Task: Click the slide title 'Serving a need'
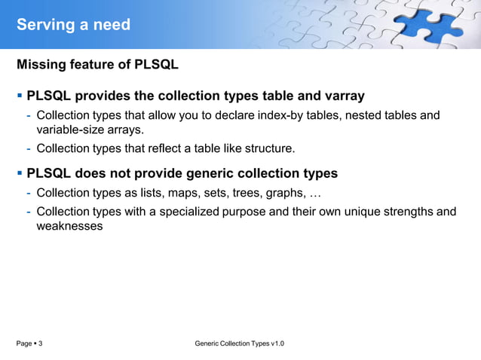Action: point(73,25)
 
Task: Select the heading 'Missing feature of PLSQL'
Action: point(97,65)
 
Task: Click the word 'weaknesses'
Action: point(69,225)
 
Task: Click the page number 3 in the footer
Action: point(40,343)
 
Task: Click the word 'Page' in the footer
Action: point(24,343)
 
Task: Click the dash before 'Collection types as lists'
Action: point(29,193)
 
